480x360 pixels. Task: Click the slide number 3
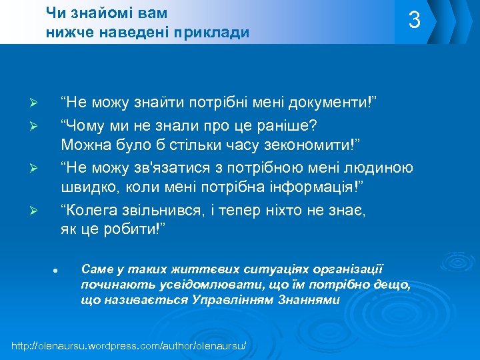[415, 21]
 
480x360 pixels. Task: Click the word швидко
[87, 186]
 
